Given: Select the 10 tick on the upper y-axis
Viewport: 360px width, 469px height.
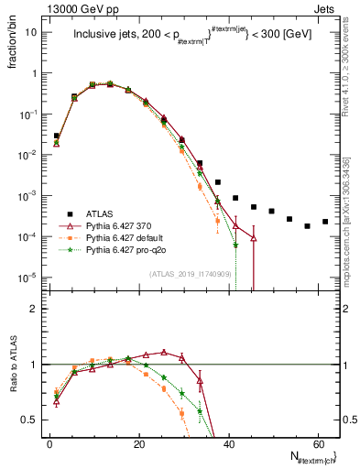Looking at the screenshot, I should click(31, 32).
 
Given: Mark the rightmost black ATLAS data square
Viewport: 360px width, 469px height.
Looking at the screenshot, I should click(325, 222).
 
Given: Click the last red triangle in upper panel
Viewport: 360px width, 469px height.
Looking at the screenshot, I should click(253, 238).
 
